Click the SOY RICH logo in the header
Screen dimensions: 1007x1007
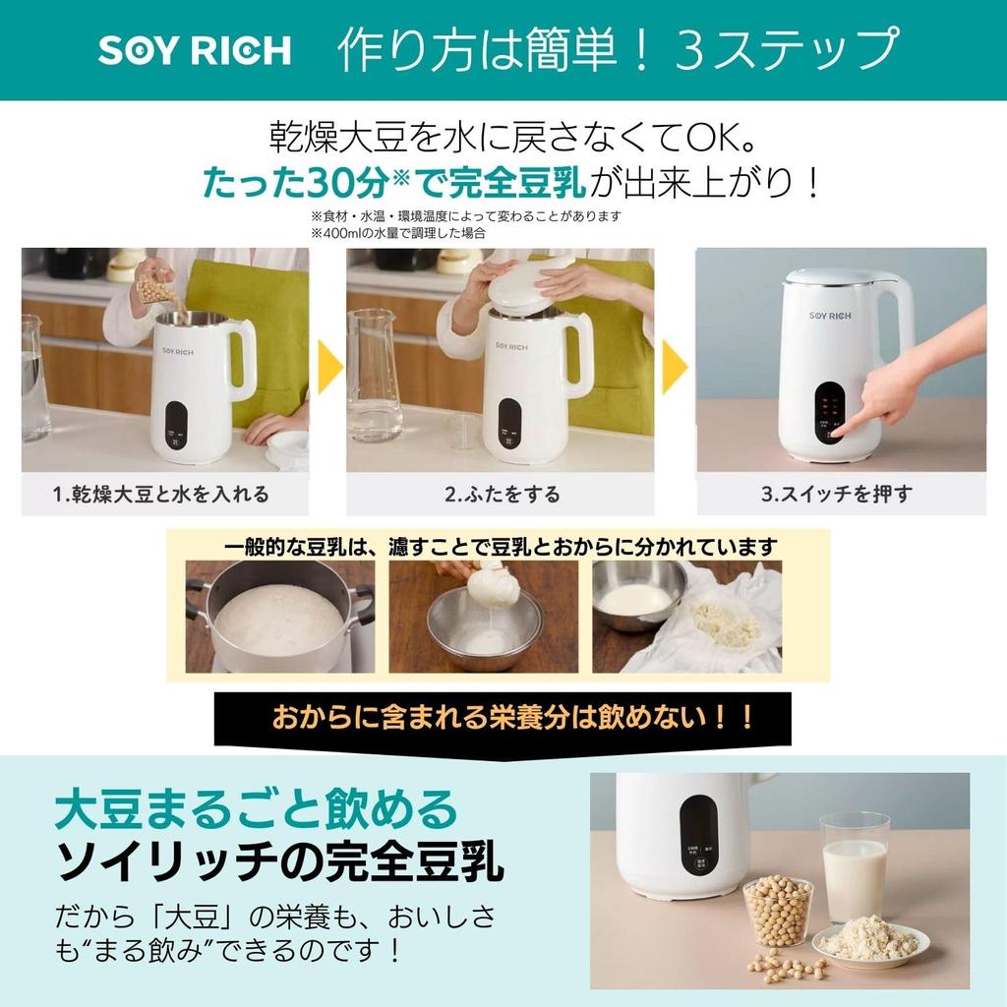click(x=194, y=51)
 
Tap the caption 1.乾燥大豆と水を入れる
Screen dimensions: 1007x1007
click(x=161, y=494)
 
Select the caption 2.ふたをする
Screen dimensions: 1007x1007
click(x=502, y=494)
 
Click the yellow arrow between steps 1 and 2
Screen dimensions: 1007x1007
click(x=329, y=368)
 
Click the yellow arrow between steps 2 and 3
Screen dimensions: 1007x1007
click(x=675, y=368)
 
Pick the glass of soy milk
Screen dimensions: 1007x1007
click(x=854, y=865)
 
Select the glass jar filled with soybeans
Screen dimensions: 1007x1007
click(x=778, y=910)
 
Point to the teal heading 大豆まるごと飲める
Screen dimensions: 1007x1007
click(x=257, y=809)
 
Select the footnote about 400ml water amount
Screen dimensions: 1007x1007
click(x=398, y=234)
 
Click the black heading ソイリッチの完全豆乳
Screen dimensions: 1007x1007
click(x=280, y=862)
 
